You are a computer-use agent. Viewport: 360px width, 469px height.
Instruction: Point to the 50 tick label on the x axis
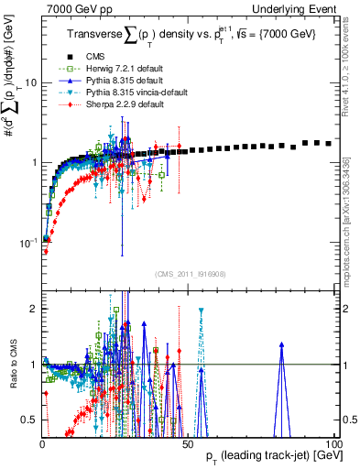(x=188, y=443)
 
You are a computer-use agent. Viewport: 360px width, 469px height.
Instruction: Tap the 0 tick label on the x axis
(x=43, y=443)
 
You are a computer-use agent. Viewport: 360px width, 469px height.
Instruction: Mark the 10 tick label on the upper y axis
(x=29, y=82)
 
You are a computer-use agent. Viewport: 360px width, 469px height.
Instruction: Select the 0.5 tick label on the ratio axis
(x=28, y=420)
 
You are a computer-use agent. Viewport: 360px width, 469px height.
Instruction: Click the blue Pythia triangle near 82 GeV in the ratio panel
(x=281, y=345)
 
